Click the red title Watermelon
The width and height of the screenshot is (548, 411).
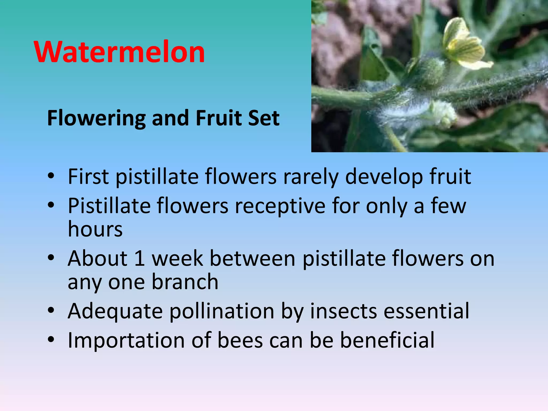[119, 52]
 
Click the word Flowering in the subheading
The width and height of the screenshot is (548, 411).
[96, 118]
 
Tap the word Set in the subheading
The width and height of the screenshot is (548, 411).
[264, 118]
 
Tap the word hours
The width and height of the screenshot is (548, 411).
[95, 230]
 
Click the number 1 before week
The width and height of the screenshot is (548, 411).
[140, 258]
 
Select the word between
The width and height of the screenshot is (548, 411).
[252, 258]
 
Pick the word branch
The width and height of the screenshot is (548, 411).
[185, 282]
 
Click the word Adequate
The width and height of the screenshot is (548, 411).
[115, 311]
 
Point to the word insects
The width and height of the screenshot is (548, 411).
[343, 311]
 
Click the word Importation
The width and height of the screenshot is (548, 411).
[126, 340]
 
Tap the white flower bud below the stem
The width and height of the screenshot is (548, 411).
[443, 114]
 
